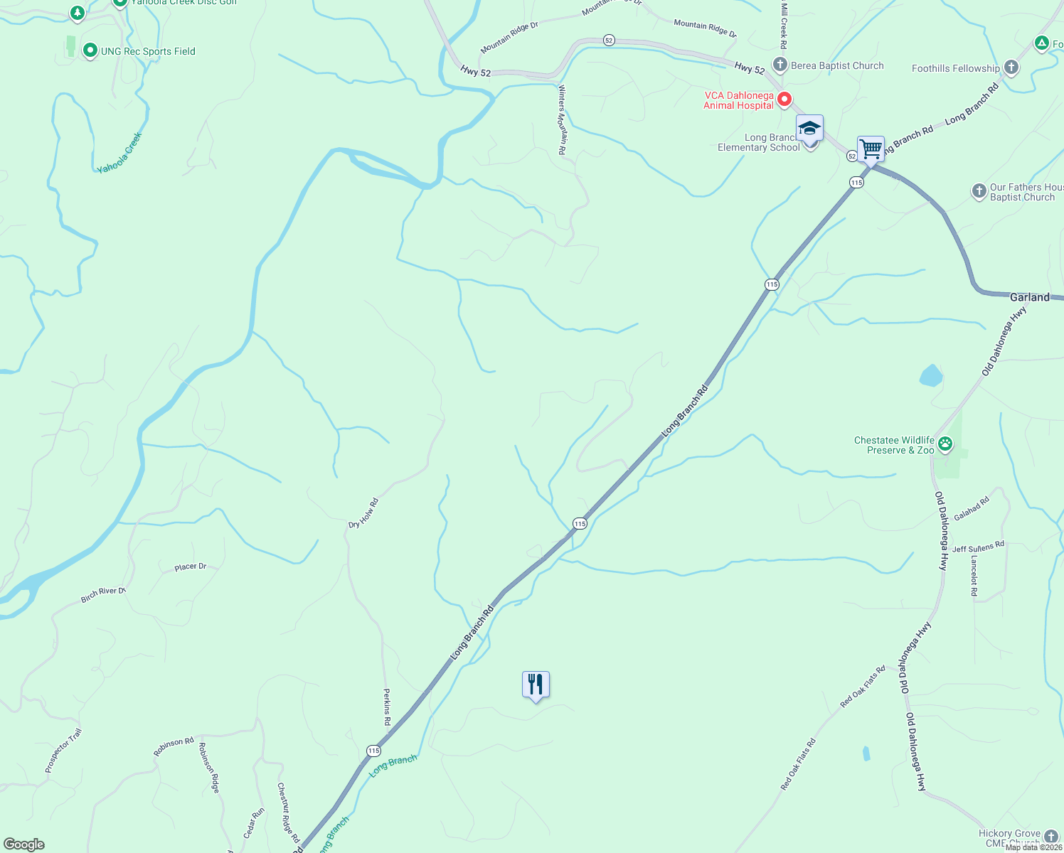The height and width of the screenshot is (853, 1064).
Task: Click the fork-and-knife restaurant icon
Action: (536, 685)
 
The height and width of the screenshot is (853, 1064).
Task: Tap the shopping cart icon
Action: (871, 149)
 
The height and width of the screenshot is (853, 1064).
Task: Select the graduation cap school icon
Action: (809, 129)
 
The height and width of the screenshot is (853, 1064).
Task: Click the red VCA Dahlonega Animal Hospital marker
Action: (784, 100)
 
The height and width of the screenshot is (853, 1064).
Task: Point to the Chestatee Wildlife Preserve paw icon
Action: (945, 445)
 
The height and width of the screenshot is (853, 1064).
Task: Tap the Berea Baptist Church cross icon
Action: (780, 65)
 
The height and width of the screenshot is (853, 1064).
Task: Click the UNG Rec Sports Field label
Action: (148, 51)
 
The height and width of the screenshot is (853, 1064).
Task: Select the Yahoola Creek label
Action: (120, 153)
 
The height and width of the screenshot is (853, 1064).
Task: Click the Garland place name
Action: (1029, 297)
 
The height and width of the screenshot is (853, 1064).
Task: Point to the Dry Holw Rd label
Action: (363, 513)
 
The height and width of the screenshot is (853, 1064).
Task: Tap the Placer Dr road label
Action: (191, 567)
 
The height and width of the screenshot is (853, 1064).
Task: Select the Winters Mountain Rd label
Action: (562, 120)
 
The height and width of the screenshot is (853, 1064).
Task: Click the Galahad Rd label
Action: (972, 509)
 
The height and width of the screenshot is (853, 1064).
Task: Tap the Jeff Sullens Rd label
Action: (978, 547)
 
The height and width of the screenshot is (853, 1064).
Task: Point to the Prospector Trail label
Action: (63, 751)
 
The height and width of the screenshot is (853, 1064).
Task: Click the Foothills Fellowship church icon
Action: (1011, 68)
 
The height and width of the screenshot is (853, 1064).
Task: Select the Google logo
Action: (24, 844)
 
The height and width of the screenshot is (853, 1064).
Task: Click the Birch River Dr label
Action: (103, 595)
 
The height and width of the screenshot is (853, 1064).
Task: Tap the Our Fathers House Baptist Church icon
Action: (979, 191)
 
